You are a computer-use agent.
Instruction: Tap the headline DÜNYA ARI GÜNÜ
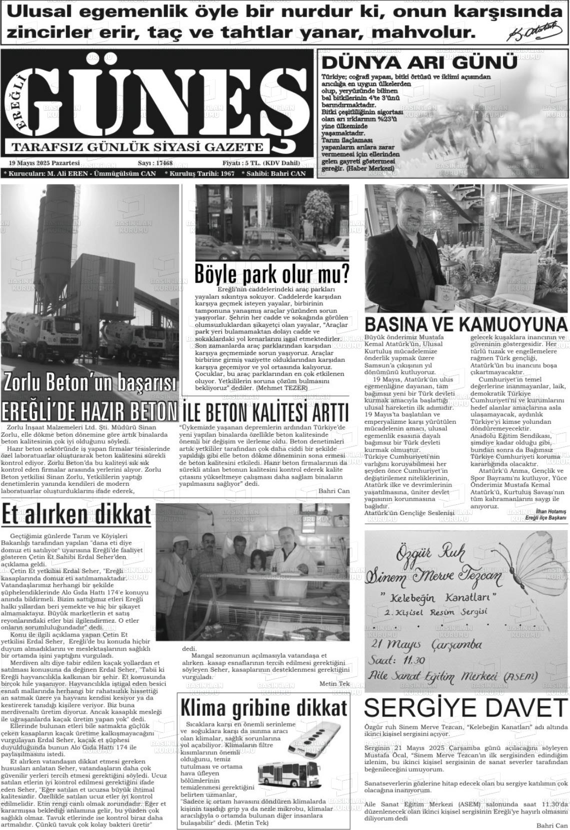tap(419, 63)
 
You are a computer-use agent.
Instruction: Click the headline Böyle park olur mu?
tap(271, 274)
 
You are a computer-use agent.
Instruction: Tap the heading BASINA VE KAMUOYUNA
tap(466, 324)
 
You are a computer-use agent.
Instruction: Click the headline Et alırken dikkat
tap(76, 515)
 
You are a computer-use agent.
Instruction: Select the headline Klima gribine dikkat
tap(263, 708)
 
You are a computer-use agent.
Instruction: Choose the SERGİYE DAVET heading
tap(465, 708)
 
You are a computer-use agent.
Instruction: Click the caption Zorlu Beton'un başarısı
tap(90, 382)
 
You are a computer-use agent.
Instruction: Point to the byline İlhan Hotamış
tap(550, 512)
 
